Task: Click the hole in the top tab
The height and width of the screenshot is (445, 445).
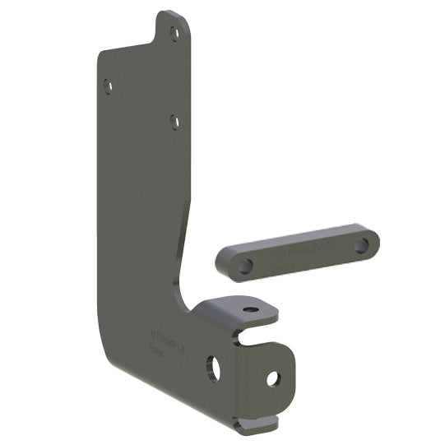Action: (174, 33)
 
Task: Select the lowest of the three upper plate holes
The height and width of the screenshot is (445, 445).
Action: (174, 121)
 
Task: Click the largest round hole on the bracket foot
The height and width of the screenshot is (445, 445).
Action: (213, 368)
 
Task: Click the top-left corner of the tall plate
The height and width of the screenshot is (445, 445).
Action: (101, 54)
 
